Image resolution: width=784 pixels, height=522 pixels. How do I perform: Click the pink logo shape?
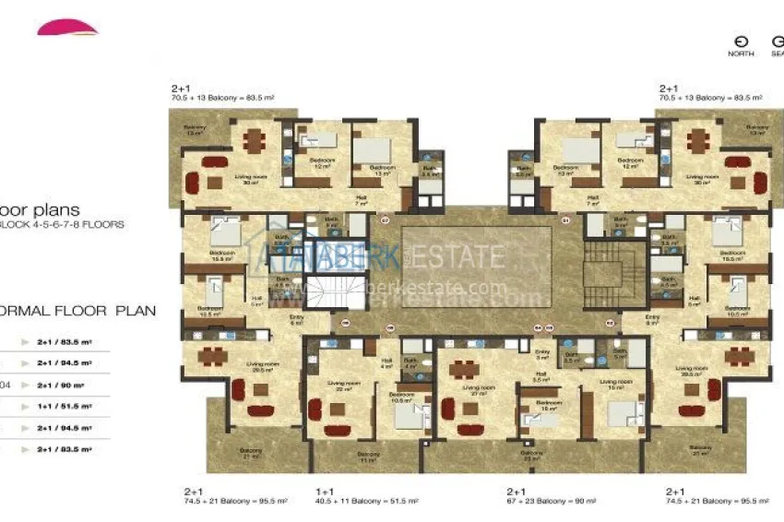tap(67, 28)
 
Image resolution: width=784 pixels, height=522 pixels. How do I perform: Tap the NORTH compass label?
tap(741, 53)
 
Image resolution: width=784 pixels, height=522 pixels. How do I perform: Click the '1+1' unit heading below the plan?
tap(324, 492)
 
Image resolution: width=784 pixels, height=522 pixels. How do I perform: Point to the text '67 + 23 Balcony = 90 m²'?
tap(552, 502)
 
